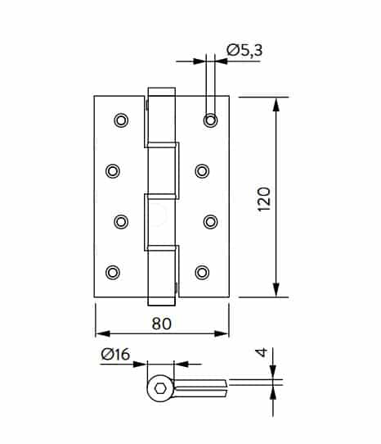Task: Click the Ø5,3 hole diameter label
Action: (244, 50)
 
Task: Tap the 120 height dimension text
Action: (264, 199)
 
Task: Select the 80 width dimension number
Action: (162, 324)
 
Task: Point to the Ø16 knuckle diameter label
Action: (115, 354)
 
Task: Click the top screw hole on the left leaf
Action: (121, 120)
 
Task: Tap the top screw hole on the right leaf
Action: (211, 120)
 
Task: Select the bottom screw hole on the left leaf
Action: (113, 273)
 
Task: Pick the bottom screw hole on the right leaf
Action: (202, 273)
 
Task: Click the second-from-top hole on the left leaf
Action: (113, 171)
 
